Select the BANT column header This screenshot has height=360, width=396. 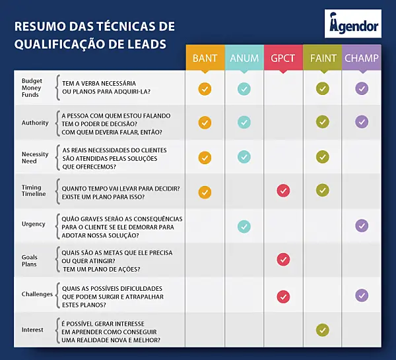pos(205,58)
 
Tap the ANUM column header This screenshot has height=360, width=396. pos(244,58)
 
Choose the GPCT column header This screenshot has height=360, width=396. pos(283,58)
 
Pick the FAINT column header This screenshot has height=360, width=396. pos(322,58)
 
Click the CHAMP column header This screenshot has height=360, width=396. pos(362,58)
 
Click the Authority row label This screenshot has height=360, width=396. pos(35,123)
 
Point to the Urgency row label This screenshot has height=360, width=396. pos(34,224)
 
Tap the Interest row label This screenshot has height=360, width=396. pos(32,330)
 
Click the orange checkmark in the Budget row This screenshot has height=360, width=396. pos(205,88)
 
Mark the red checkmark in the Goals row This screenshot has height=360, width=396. pos(283,259)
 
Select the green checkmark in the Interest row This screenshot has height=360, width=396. pos(322,330)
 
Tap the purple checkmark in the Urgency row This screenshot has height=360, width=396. pos(362,225)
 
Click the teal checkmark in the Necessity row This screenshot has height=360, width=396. pos(244,157)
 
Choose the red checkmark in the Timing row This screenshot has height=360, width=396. pos(283,191)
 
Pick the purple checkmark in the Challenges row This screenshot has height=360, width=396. pos(362,295)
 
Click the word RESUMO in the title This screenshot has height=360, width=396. pos(38,27)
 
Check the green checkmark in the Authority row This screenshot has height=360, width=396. pos(322,122)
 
